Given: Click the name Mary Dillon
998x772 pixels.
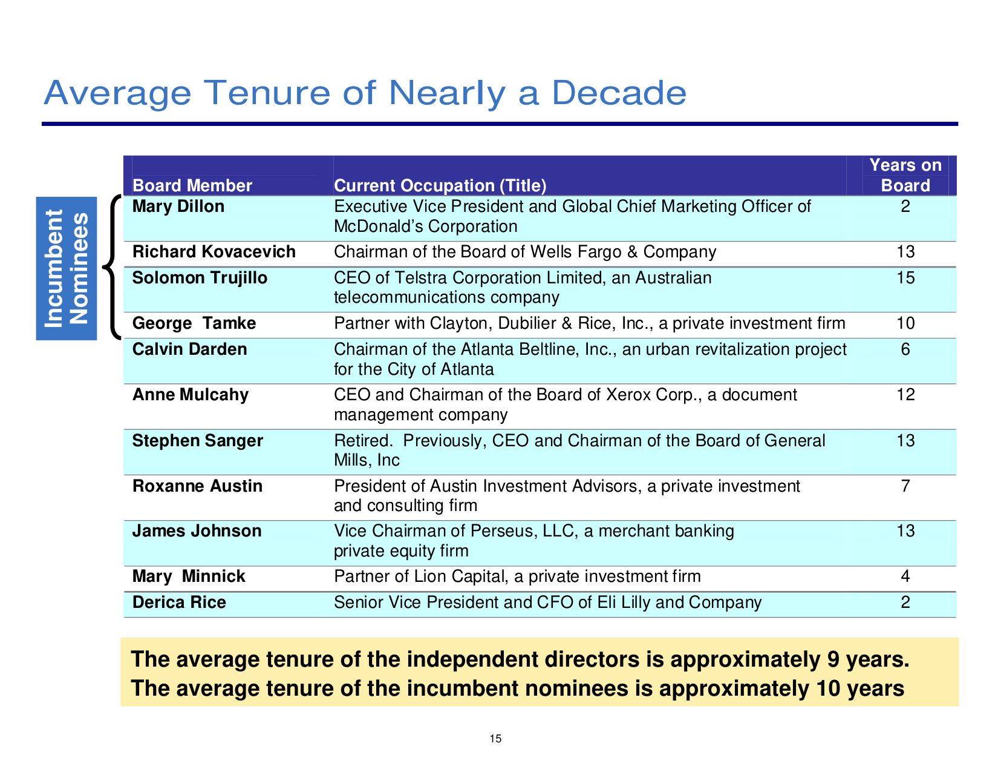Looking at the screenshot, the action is click(178, 206).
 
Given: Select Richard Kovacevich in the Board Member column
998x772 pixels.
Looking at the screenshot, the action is click(214, 251).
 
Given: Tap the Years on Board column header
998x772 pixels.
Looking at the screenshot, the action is click(905, 175).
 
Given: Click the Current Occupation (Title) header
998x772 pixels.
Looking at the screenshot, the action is click(440, 185).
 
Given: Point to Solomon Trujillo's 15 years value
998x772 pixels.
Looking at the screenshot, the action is click(905, 278).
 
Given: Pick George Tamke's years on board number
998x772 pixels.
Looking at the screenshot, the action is click(905, 323).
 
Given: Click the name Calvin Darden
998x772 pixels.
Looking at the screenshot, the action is click(190, 349).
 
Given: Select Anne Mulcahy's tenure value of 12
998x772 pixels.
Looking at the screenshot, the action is click(905, 395).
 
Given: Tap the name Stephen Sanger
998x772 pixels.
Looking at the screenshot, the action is click(198, 440).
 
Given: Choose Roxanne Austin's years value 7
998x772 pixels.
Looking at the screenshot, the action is click(905, 486).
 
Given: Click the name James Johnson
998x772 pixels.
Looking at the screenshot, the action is click(197, 531).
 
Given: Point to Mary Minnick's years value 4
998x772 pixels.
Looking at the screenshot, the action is click(905, 576).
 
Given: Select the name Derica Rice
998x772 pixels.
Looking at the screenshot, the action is click(179, 602).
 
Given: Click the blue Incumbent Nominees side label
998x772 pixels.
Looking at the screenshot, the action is click(67, 268).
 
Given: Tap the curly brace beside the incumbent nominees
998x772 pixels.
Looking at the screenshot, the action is click(112, 266).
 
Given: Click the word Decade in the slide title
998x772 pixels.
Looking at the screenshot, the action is click(619, 93).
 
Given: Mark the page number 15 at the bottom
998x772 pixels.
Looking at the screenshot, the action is click(495, 739).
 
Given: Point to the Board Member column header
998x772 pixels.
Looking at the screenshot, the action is click(192, 185).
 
